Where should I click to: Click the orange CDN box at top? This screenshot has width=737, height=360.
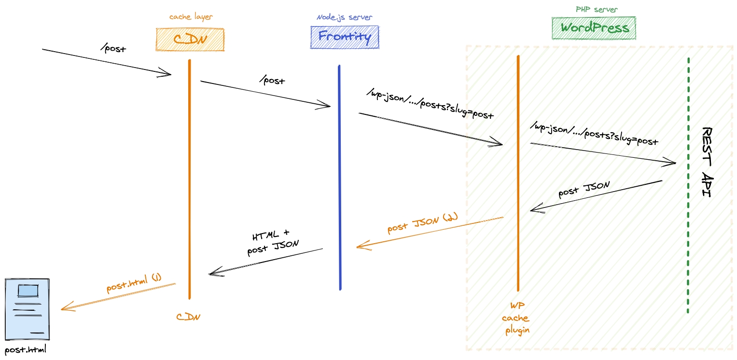[x=190, y=39]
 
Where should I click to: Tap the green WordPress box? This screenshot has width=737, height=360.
[x=594, y=28]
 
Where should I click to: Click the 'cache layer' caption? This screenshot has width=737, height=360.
[x=191, y=17]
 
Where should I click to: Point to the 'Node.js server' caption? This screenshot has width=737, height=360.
[x=344, y=17]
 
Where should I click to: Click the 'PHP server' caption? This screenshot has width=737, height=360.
[x=597, y=9]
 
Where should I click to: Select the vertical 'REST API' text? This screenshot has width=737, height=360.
[x=707, y=162]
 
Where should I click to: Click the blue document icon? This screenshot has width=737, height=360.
[x=27, y=309]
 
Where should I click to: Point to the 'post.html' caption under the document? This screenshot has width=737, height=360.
[x=26, y=349]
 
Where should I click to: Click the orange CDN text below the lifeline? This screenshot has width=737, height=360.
[x=188, y=317]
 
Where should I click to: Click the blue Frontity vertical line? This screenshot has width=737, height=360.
[x=340, y=179]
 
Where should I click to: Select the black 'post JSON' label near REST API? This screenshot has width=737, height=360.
[x=584, y=190]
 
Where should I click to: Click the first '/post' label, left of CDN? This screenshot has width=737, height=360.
[x=113, y=48]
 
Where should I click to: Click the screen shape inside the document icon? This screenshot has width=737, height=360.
[x=27, y=291]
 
